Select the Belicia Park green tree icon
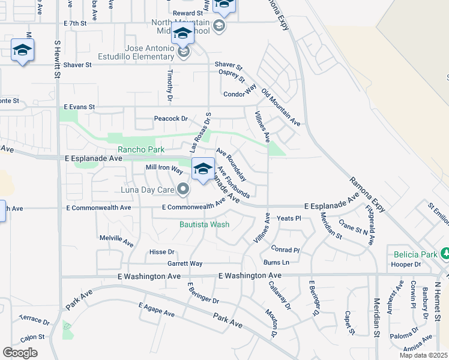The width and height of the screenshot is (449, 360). pos(444,254)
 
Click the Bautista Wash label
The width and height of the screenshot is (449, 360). pos(204,225)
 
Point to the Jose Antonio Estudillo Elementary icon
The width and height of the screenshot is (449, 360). pos(184,53)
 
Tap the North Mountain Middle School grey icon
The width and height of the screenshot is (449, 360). pos(219,25)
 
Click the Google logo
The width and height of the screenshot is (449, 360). pos(20,353)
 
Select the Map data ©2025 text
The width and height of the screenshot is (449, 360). pos(423,355)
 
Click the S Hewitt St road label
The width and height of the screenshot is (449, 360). pos(58,59)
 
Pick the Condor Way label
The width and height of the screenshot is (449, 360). pos(240,94)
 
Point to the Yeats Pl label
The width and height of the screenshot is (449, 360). pos(289,218)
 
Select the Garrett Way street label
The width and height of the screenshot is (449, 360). pos(184,263)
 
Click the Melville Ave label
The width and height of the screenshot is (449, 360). pos(116,241)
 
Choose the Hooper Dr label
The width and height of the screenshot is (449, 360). pos(405,264)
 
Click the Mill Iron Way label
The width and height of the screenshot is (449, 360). pos(164,169)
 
